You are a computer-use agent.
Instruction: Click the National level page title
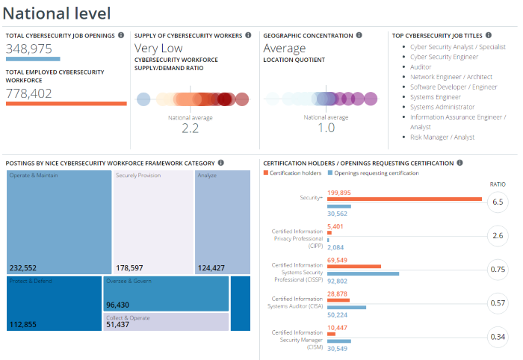(x=57, y=13)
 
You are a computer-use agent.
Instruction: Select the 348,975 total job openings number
(x=33, y=49)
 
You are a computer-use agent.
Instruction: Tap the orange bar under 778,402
(x=66, y=103)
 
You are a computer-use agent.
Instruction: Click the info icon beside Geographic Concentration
(x=359, y=35)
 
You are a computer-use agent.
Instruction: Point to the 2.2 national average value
(x=190, y=128)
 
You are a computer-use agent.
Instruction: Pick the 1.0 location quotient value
(x=326, y=128)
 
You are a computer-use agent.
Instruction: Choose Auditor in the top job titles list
(x=421, y=66)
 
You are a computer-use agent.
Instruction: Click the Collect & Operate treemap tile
(x=167, y=322)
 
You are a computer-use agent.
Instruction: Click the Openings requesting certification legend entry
(x=376, y=173)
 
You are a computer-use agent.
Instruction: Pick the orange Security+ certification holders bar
(x=404, y=199)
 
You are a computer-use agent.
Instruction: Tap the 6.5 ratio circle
(x=498, y=202)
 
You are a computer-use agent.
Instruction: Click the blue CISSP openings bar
(x=363, y=273)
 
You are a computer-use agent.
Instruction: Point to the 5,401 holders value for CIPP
(x=335, y=226)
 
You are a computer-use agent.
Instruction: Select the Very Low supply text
(x=158, y=49)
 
